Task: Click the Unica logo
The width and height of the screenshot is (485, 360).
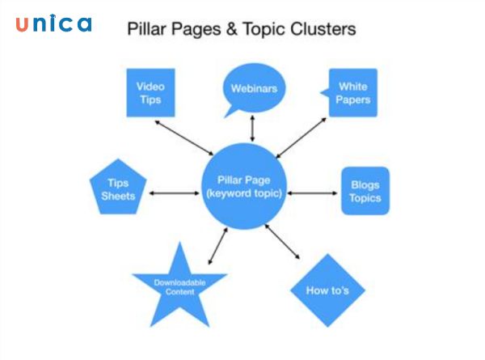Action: coord(53,24)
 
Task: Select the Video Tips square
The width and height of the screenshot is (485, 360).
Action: coord(150,92)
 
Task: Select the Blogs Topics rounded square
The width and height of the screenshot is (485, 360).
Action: coord(365,191)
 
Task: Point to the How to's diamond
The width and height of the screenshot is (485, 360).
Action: coord(327,289)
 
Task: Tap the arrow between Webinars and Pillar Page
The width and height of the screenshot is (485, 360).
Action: coord(252,129)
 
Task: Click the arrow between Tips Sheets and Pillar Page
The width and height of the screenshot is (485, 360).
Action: coord(174,193)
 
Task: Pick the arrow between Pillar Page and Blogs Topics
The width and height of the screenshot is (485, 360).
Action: coord(314,193)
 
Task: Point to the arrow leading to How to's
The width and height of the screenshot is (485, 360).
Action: coord(282,242)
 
